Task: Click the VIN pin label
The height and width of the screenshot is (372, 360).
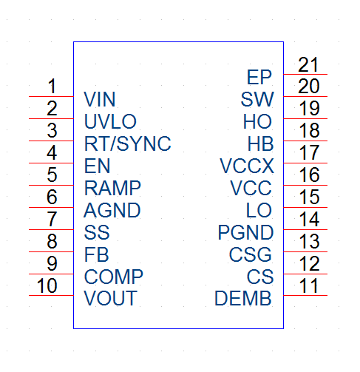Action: coord(100,99)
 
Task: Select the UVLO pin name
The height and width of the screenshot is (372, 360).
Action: coord(110,121)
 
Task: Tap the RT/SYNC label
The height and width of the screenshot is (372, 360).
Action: coord(127,143)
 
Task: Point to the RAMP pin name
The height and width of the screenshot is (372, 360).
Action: coord(112,188)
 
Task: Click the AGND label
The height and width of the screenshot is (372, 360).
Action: coord(112,210)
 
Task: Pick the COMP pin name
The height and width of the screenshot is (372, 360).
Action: coord(114,277)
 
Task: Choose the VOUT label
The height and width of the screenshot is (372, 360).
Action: coord(110,298)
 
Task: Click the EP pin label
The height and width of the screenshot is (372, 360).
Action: coord(259,77)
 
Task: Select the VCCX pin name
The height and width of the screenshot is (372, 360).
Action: coord(247,166)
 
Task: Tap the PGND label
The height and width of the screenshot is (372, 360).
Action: coord(245,232)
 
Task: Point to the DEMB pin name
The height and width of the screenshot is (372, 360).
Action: coord(243,298)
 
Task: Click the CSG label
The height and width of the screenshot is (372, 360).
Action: coord(251,254)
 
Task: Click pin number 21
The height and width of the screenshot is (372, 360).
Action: coord(308,64)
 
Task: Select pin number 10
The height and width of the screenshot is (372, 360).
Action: coord(47,285)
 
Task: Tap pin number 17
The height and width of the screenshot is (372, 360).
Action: coord(309,152)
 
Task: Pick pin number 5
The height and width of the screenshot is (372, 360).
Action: coord(52,175)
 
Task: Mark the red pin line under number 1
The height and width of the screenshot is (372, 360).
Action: coord(51,96)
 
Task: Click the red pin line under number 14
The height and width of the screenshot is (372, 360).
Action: coord(305,229)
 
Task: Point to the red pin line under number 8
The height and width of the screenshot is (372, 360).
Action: coord(51,251)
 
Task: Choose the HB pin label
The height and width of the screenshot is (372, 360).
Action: coord(260,143)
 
